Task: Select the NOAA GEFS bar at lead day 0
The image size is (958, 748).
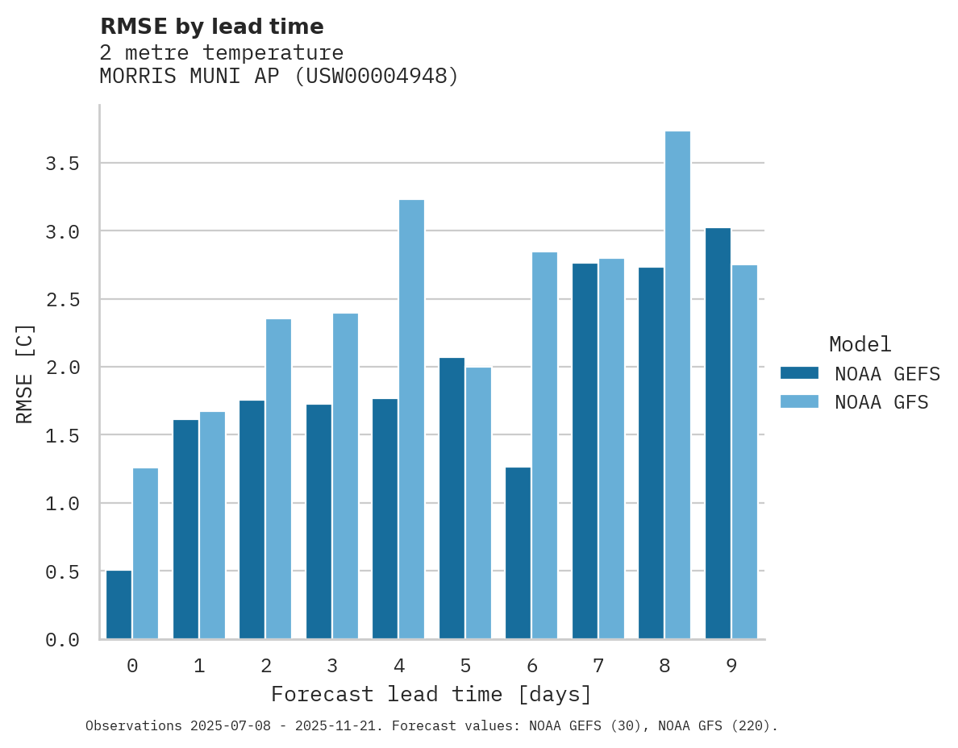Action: click(x=119, y=605)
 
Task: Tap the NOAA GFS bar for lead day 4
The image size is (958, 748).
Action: click(x=411, y=419)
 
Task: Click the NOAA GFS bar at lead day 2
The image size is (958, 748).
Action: click(x=278, y=479)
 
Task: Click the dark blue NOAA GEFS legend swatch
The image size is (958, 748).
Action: click(x=799, y=373)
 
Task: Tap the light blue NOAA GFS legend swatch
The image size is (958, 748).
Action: click(x=799, y=401)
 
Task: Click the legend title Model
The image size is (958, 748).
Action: click(x=860, y=344)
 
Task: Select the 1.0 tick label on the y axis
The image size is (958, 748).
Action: click(x=62, y=504)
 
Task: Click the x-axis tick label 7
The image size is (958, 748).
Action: click(x=598, y=666)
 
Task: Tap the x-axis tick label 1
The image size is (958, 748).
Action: click(x=199, y=666)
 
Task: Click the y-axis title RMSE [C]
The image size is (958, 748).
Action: click(x=25, y=373)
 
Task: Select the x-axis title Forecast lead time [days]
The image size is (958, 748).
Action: click(x=431, y=694)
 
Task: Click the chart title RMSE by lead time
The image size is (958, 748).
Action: click(x=211, y=27)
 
